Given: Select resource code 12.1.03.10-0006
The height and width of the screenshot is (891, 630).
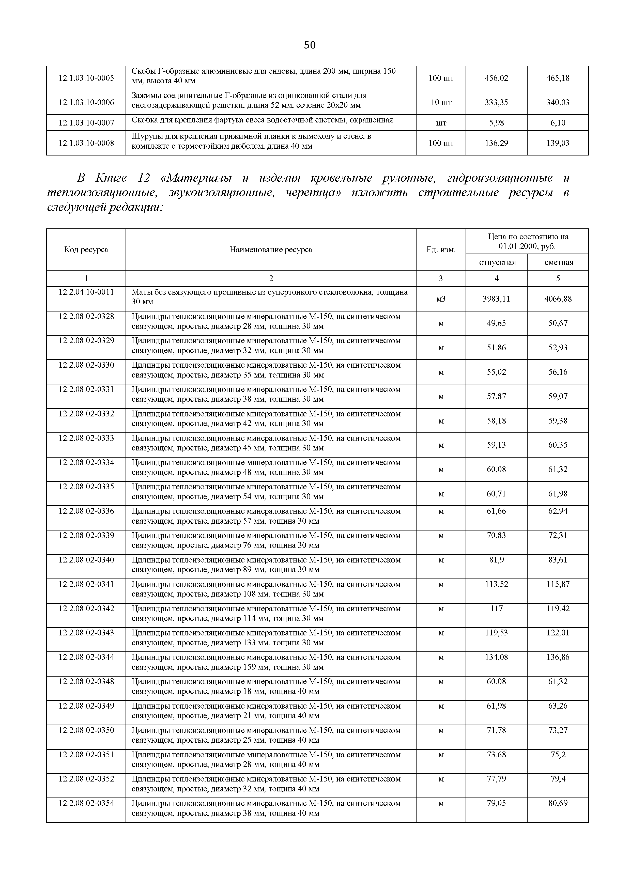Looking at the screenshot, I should pyautogui.click(x=86, y=102).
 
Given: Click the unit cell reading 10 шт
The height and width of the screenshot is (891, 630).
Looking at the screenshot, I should pyautogui.click(x=441, y=102).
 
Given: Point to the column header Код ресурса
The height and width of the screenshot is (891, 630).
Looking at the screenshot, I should pyautogui.click(x=86, y=249).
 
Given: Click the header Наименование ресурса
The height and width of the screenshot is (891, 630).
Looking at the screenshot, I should pyautogui.click(x=271, y=249).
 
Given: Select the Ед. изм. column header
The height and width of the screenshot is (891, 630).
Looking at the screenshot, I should pyautogui.click(x=441, y=249).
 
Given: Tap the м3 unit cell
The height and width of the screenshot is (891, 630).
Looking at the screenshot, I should pyautogui.click(x=441, y=299).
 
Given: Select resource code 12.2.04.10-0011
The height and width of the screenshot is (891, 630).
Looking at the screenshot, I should pyautogui.click(x=86, y=292).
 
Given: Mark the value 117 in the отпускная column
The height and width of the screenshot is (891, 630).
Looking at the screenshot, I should pyautogui.click(x=497, y=608).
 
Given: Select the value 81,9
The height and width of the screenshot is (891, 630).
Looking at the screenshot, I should pyautogui.click(x=497, y=560).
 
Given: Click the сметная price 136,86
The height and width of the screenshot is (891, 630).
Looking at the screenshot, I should pyautogui.click(x=558, y=657).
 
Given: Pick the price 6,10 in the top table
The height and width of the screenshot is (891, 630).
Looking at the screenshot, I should pyautogui.click(x=558, y=123).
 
